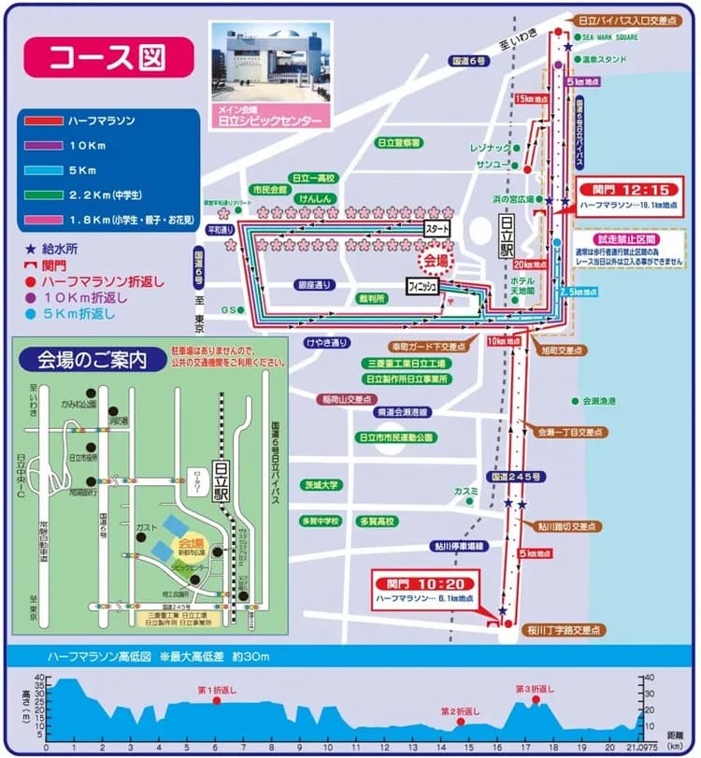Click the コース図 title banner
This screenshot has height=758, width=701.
pyautogui.click(x=108, y=56)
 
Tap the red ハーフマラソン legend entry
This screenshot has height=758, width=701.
pyautogui.click(x=102, y=121)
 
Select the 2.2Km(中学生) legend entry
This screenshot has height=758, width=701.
pyautogui.click(x=102, y=195)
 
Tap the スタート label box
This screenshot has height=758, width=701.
pyautogui.click(x=436, y=229)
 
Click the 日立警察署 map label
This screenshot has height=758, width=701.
pyautogui.click(x=398, y=143)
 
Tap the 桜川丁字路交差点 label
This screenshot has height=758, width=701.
pyautogui.click(x=562, y=630)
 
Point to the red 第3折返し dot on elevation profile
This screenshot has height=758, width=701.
pyautogui.click(x=536, y=700)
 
